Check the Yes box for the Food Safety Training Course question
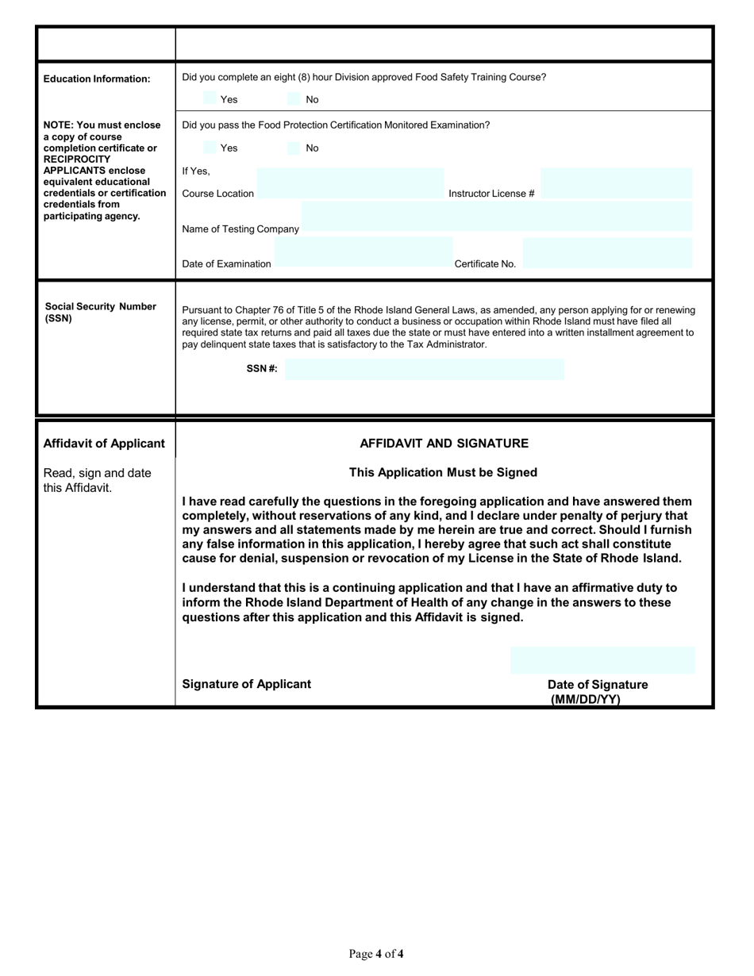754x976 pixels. pyautogui.click(x=210, y=99)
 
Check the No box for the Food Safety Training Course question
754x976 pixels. pyautogui.click(x=294, y=99)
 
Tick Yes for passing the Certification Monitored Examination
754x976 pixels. pyautogui.click(x=210, y=148)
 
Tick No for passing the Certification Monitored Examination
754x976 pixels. pyautogui.click(x=294, y=148)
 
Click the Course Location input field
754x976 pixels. pyautogui.click(x=349, y=183)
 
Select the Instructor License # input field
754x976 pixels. pyautogui.click(x=617, y=183)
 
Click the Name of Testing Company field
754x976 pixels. pyautogui.click(x=497, y=217)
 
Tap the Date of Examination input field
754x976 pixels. pyautogui.click(x=364, y=252)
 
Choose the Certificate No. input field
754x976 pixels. pyautogui.click(x=608, y=252)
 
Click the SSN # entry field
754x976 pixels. pyautogui.click(x=425, y=369)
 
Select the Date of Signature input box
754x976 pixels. pyautogui.click(x=602, y=660)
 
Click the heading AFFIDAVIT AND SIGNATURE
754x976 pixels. pyautogui.click(x=444, y=444)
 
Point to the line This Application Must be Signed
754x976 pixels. pyautogui.click(x=443, y=473)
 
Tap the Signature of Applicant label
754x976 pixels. pyautogui.click(x=247, y=684)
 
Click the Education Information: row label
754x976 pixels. pyautogui.click(x=97, y=79)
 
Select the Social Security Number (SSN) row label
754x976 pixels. pyautogui.click(x=100, y=313)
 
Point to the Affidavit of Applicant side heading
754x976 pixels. pyautogui.click(x=104, y=444)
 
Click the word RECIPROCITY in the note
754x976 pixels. pyautogui.click(x=77, y=159)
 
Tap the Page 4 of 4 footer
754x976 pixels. pyautogui.click(x=376, y=954)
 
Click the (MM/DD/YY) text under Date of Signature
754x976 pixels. pyautogui.click(x=586, y=699)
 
